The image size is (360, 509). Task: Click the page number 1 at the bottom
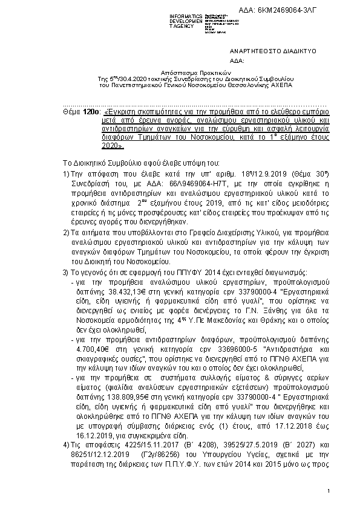tap(327, 491)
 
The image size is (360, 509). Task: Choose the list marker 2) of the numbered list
tap(67, 232)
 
